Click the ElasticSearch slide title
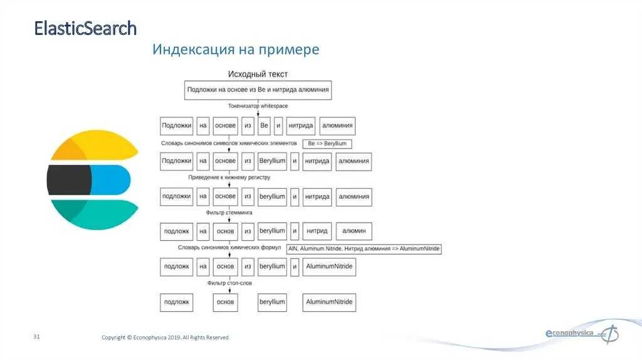pos(85,28)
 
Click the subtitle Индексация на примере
pos(236,50)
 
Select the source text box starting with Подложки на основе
pos(258,90)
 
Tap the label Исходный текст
pos(258,74)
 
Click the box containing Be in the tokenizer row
pos(264,125)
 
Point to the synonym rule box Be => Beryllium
pos(327,144)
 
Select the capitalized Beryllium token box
pos(272,161)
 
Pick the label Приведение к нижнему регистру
pos(229,177)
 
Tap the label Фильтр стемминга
pos(229,213)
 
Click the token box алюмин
pos(354,231)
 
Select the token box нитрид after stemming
pos(317,231)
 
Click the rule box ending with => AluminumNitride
pos(364,249)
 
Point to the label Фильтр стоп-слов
pos(229,284)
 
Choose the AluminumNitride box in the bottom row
pos(329,302)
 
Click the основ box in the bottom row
pos(225,302)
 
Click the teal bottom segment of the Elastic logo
pos(94,214)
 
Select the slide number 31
pos(37,337)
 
